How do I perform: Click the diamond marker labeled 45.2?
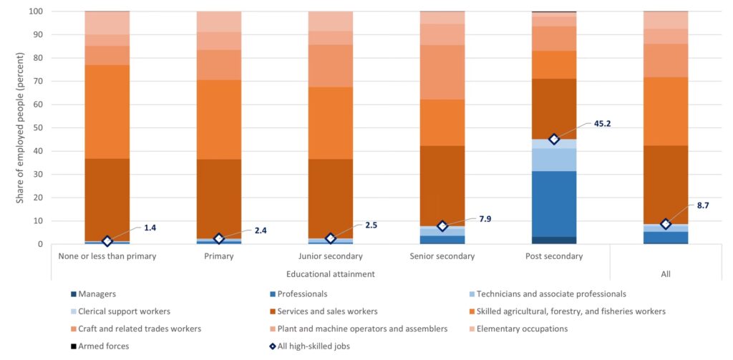[553, 139]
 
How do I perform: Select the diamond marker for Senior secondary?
[442, 226]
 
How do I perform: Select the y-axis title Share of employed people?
[20, 128]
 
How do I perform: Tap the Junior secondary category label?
[330, 256]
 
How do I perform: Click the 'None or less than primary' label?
[107, 256]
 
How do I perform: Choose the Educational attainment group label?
[330, 273]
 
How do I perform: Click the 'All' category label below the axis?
[666, 273]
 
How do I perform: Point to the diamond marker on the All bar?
[666, 224]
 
